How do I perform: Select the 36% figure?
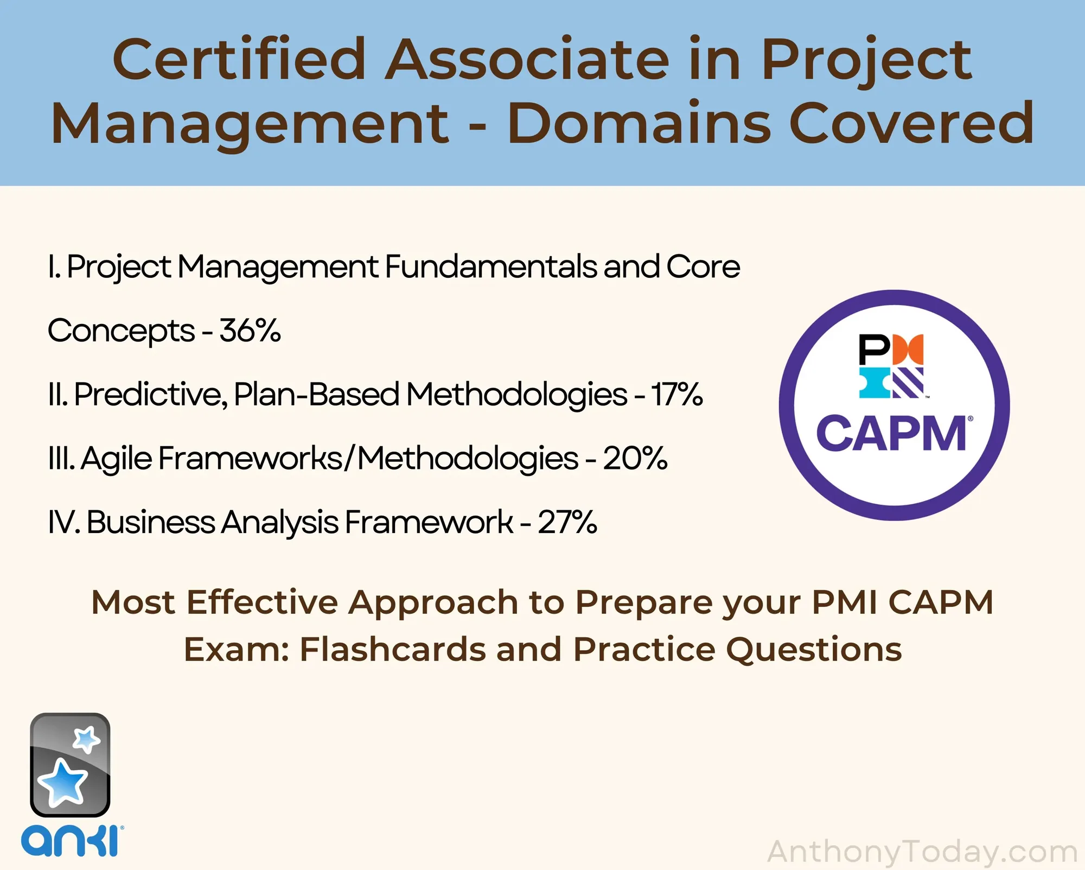pos(250,330)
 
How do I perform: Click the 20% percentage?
pos(635,458)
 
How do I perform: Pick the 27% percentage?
pos(567,522)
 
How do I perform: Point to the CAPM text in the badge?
pos(891,434)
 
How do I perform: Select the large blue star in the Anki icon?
pos(62,782)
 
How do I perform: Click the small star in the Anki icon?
pos(87,739)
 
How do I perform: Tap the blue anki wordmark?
pos(72,842)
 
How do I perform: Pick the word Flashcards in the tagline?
pos(393,649)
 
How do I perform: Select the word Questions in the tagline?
pos(814,650)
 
